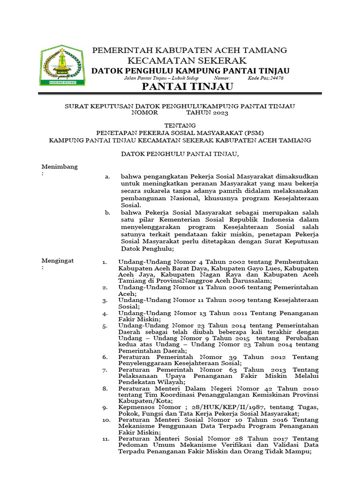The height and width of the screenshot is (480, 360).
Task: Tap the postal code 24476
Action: click(273, 78)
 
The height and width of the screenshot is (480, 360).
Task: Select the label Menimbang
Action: click(60, 166)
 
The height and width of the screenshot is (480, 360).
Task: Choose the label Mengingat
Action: click(58, 261)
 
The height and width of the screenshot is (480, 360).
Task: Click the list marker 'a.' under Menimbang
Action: click(107, 177)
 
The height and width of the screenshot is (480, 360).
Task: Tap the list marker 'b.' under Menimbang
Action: click(107, 212)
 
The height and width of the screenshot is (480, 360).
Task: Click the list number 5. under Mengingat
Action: click(105, 325)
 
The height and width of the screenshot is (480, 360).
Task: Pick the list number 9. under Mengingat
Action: click(105, 407)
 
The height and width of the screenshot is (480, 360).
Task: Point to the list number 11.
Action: click(105, 438)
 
